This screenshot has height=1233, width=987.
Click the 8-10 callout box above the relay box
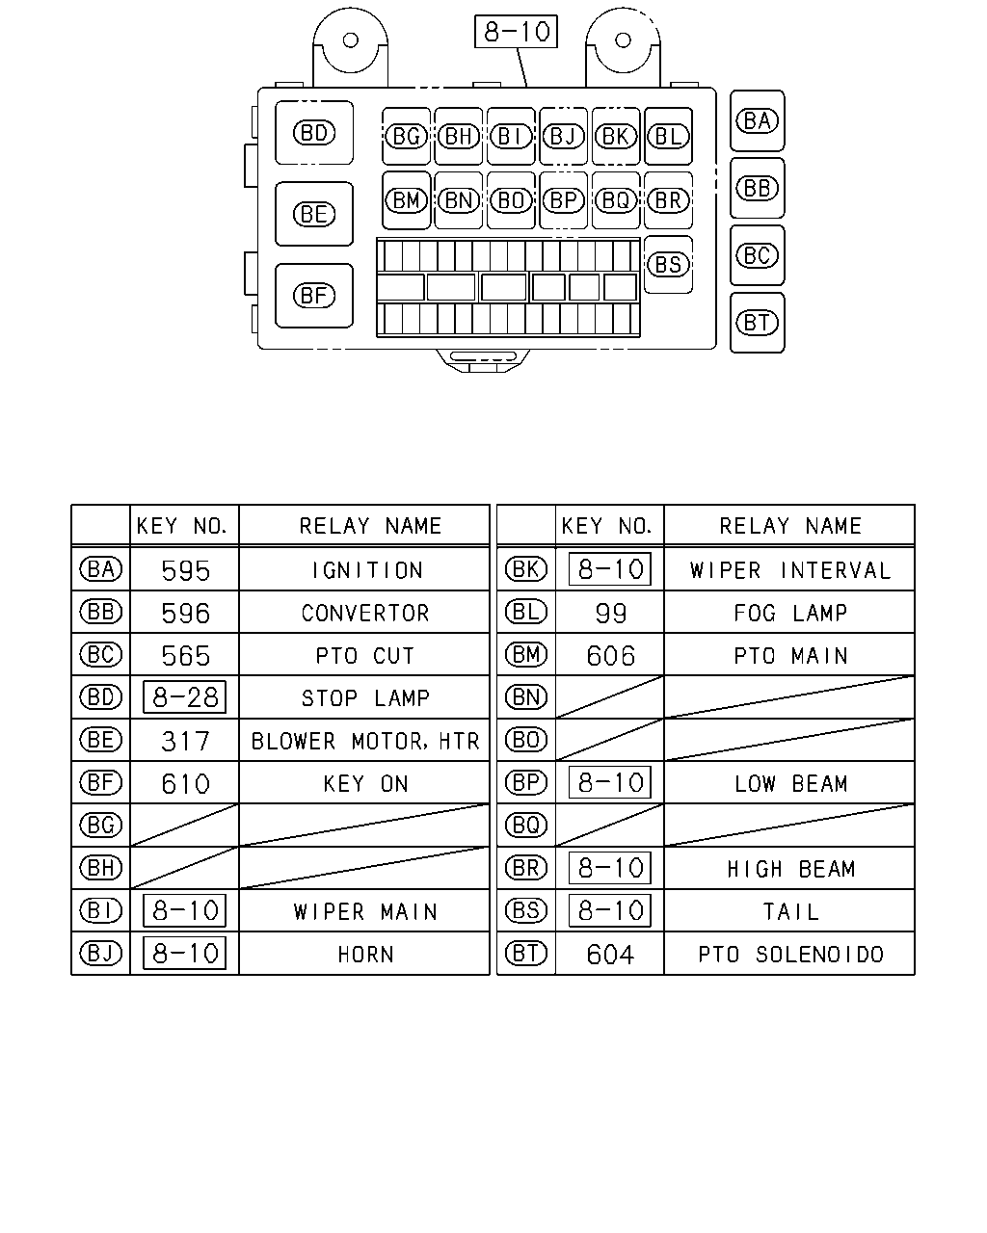click(x=516, y=32)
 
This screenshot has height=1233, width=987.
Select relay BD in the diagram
click(x=313, y=133)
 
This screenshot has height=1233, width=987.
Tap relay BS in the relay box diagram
click(x=668, y=265)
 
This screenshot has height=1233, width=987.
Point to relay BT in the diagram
click(x=757, y=323)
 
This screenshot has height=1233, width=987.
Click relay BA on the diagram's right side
click(x=757, y=121)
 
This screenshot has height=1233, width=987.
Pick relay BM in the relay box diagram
click(x=407, y=200)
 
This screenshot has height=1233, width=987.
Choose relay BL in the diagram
click(x=668, y=137)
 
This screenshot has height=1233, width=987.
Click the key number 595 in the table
click(x=185, y=570)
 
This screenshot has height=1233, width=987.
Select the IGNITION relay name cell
click(x=367, y=570)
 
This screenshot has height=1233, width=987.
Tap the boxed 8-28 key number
click(x=185, y=697)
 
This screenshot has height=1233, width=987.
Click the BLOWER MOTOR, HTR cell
click(x=364, y=741)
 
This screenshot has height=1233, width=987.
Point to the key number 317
click(x=185, y=741)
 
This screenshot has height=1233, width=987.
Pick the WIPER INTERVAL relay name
click(x=789, y=570)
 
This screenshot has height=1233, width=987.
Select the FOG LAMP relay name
click(x=790, y=613)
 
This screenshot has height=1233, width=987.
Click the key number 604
click(x=610, y=955)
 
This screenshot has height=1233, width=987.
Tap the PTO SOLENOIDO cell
click(x=790, y=955)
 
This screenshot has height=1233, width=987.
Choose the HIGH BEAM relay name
click(x=791, y=869)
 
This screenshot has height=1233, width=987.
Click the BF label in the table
click(x=101, y=782)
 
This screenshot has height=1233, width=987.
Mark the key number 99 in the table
click(x=611, y=613)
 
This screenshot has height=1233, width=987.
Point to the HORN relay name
click(x=365, y=955)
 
